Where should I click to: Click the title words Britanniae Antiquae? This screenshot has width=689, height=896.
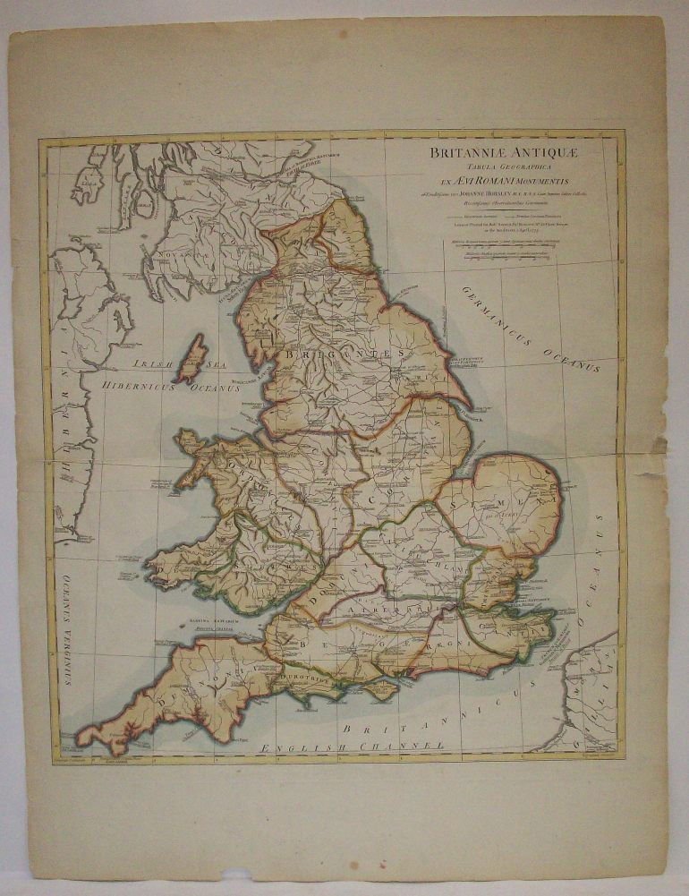click(504, 153)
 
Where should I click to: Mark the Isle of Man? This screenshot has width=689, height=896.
click(191, 359)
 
